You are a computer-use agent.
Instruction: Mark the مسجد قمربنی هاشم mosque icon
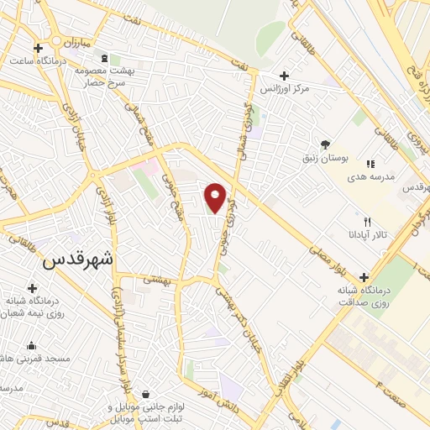coord(32,345)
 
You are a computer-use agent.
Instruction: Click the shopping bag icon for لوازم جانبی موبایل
coord(146,394)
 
